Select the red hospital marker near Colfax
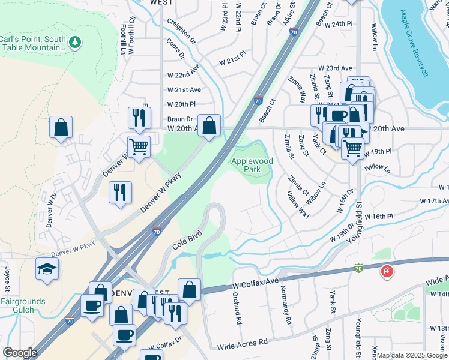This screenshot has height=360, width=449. (x=387, y=272)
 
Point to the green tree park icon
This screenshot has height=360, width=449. (x=75, y=42)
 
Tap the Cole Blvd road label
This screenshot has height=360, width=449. (x=185, y=238)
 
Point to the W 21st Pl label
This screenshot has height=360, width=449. (x=232, y=61)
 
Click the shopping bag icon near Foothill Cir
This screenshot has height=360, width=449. (x=61, y=127)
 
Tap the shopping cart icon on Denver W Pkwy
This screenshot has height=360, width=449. (x=139, y=145)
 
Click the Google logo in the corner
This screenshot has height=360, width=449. (x=20, y=353)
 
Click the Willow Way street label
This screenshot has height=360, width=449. (x=298, y=204)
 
